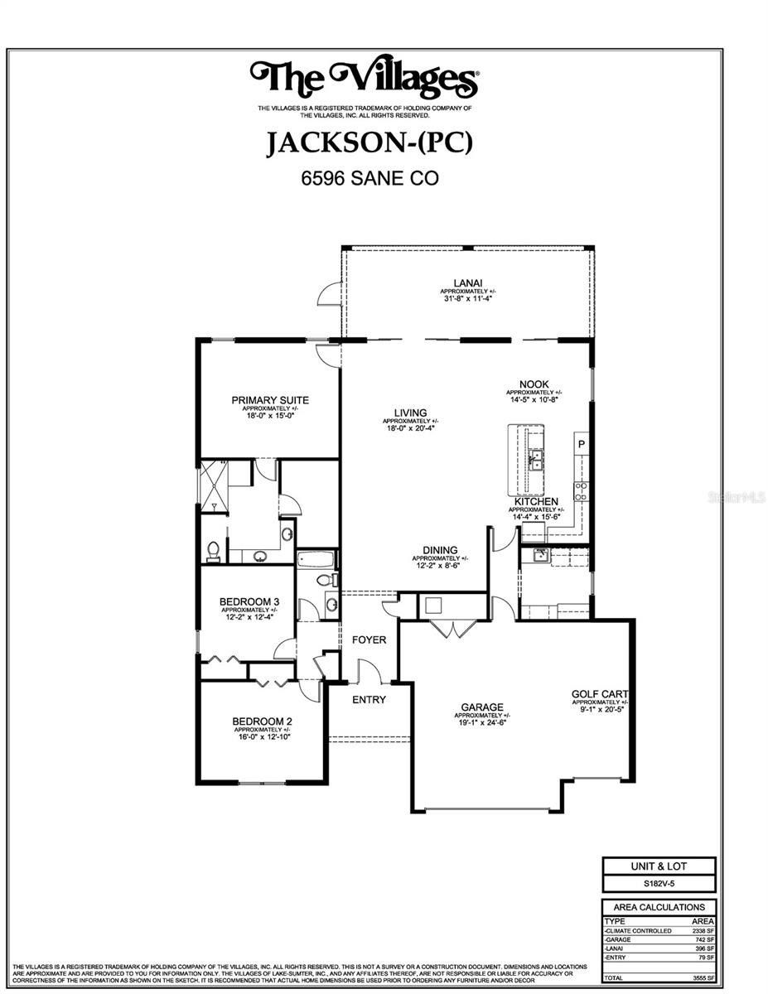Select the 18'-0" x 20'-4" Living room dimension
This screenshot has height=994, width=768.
pyautogui.click(x=410, y=428)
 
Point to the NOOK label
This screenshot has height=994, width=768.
pyautogui.click(x=534, y=384)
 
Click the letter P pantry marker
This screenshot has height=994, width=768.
pyautogui.click(x=582, y=444)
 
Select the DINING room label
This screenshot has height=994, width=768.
pyautogui.click(x=440, y=550)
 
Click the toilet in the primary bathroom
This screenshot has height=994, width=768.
pyautogui.click(x=213, y=550)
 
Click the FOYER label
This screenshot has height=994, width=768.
pyautogui.click(x=370, y=639)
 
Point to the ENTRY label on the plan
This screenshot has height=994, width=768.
pyautogui.click(x=369, y=700)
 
